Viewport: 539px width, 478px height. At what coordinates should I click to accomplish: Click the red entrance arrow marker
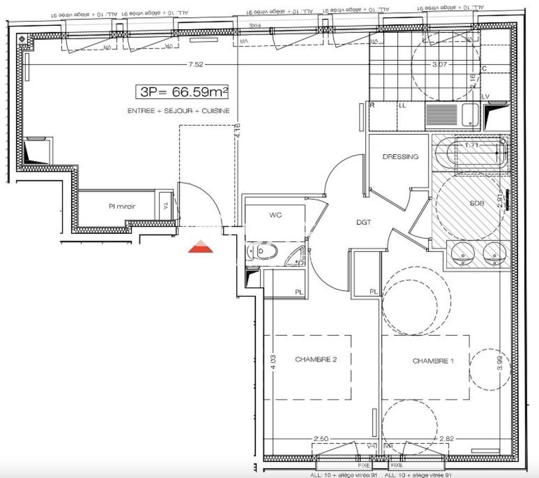click(x=201, y=247)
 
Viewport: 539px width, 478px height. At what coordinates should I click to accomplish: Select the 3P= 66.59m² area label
click(x=182, y=92)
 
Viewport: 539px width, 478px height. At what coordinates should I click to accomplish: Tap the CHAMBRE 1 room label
click(x=433, y=361)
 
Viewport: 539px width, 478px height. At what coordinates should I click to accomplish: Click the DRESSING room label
click(x=400, y=157)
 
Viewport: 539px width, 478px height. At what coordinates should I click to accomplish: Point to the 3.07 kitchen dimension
click(x=441, y=65)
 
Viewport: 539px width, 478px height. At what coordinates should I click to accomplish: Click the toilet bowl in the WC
click(x=266, y=251)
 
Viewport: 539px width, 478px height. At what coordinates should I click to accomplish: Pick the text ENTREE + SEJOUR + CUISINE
click(x=178, y=111)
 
